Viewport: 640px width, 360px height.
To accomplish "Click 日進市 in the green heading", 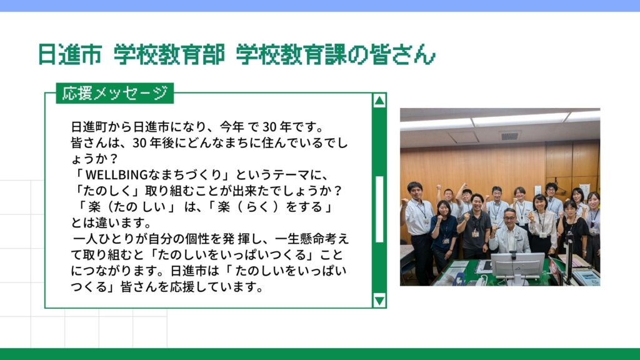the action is [69, 54].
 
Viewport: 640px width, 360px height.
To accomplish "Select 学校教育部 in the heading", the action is [169, 54].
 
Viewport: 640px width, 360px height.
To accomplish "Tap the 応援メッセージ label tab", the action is [115, 93].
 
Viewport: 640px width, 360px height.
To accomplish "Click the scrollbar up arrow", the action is [379, 101].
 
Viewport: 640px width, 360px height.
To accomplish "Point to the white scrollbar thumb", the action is [379, 209].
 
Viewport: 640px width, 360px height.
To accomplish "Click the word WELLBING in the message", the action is [116, 175].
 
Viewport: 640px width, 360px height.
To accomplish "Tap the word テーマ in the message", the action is [291, 175].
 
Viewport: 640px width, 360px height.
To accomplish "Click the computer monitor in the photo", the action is [517, 267].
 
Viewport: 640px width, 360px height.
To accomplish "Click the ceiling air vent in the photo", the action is [509, 136].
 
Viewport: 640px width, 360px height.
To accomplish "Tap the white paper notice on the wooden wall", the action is [585, 190].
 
